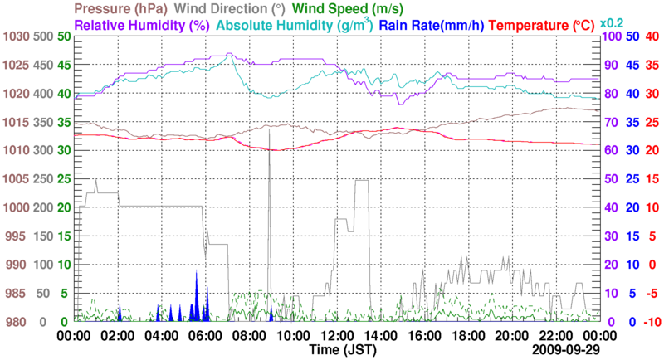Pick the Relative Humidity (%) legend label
[142, 25]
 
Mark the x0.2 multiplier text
[612, 22]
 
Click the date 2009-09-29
[567, 351]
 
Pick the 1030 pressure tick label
[15, 36]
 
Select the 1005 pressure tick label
[15, 179]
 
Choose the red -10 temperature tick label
[651, 322]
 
